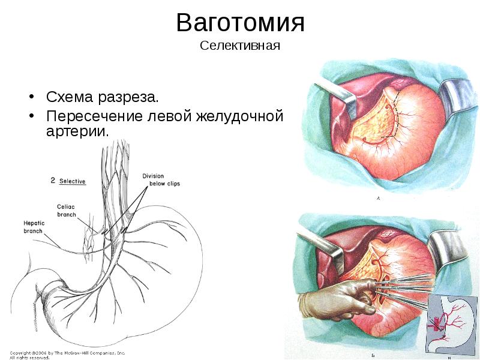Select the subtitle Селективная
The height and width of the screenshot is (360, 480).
240,46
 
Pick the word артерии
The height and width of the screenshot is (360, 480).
77,131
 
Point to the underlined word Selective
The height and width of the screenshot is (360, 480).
73,181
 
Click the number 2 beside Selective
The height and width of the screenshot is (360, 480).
53,181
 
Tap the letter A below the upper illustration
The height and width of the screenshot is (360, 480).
378,198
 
